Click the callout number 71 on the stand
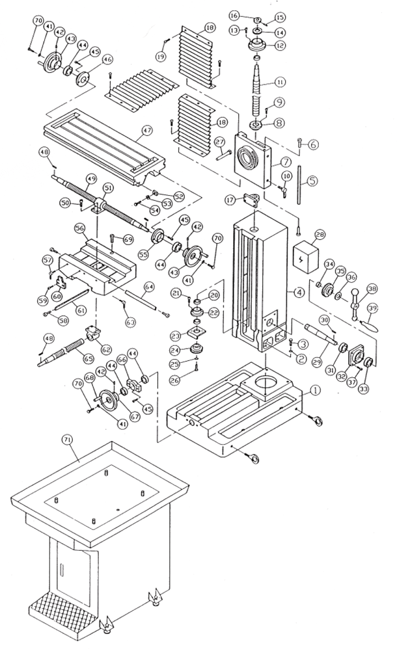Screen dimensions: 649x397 coord(66,440)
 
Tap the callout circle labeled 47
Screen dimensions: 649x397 coord(146,131)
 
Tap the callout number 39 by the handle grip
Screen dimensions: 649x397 coord(373,307)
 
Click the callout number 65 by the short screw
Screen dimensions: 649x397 coord(84,356)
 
